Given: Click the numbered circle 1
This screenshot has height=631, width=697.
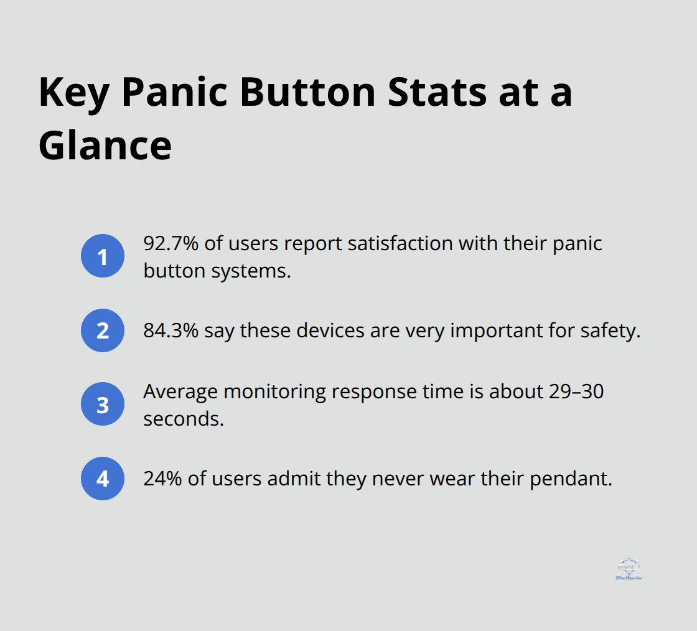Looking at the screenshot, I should click(x=103, y=256).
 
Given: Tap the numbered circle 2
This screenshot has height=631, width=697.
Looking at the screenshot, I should click(x=103, y=330).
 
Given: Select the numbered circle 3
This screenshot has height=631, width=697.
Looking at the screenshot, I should click(x=103, y=404).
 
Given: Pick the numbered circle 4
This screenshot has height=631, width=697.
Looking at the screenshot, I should click(x=103, y=479).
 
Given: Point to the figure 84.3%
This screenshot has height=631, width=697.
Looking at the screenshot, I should click(x=171, y=330).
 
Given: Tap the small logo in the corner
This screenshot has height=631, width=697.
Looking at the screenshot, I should click(x=628, y=569).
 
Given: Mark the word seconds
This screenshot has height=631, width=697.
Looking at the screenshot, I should click(x=183, y=419).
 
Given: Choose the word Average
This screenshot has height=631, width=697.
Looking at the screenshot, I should click(x=180, y=391).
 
